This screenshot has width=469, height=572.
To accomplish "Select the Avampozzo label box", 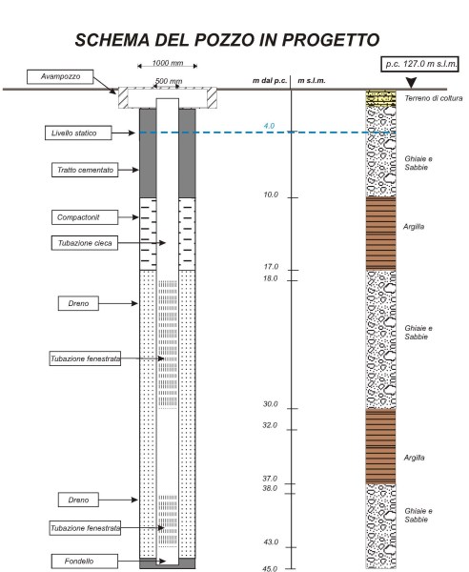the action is click(x=60, y=76).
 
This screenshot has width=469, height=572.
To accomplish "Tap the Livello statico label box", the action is click(x=78, y=133).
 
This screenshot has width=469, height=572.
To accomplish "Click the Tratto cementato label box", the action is click(x=85, y=170).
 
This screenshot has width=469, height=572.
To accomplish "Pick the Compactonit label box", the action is click(x=85, y=217).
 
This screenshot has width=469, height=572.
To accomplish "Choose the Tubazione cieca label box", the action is click(x=85, y=243).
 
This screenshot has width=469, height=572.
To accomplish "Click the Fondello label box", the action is click(x=84, y=562).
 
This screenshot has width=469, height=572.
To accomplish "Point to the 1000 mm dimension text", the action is click(x=168, y=63).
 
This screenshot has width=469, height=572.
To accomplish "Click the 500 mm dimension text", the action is click(x=169, y=81).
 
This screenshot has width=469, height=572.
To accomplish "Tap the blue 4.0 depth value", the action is click(x=269, y=126).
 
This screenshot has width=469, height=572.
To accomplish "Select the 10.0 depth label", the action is click(x=271, y=194).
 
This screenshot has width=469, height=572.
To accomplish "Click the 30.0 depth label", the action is click(x=270, y=404).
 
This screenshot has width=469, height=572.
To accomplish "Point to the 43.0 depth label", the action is click(x=271, y=542).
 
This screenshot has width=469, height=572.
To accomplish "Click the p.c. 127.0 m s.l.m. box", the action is click(x=419, y=64).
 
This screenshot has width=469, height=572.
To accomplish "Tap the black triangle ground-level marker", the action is click(x=412, y=83).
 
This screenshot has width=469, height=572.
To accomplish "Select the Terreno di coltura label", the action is click(x=434, y=98).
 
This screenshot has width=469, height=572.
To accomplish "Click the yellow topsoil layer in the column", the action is click(x=380, y=98).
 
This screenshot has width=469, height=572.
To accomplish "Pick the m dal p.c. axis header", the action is click(x=270, y=81).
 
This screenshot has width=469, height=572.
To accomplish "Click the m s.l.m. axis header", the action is click(x=312, y=81).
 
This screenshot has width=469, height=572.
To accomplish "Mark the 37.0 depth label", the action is click(x=270, y=479).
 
